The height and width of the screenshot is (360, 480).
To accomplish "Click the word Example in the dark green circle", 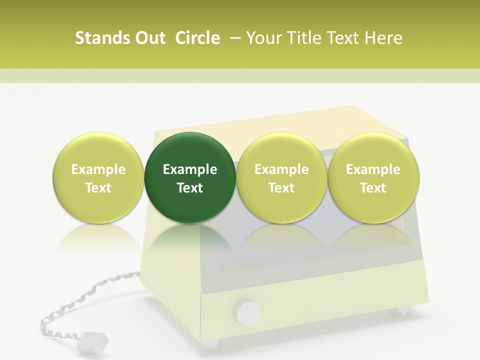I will (190, 169).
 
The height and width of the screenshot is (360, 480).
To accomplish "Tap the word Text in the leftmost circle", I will (98, 188).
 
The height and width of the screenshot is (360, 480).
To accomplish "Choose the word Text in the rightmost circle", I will (373, 188).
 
